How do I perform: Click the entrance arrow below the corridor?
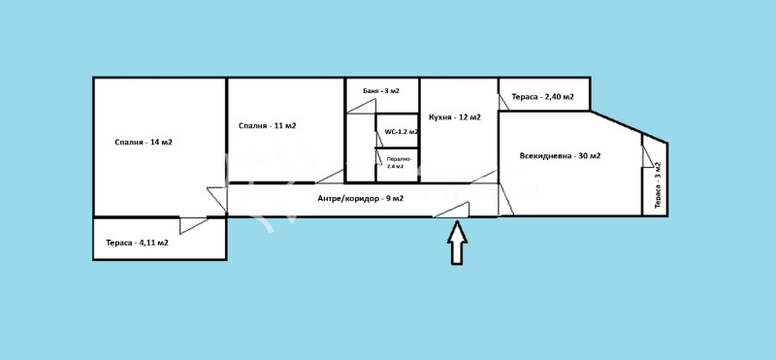click(x=457, y=243)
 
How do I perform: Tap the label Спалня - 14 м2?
click(x=144, y=142)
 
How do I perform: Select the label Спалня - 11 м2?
click(x=268, y=126)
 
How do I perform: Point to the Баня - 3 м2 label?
click(x=381, y=90)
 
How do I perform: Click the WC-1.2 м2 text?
click(x=402, y=132)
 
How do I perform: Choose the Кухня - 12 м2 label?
click(x=455, y=117)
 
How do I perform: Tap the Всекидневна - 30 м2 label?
click(x=561, y=155)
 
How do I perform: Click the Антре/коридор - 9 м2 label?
click(x=360, y=199)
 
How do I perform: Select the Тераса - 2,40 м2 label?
click(x=543, y=97)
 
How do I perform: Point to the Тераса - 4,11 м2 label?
click(x=137, y=243)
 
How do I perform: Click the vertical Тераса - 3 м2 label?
click(x=658, y=184)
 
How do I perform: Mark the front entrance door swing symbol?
click(x=451, y=210)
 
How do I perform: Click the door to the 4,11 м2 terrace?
click(x=193, y=225)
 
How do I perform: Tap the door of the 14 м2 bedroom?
click(x=216, y=200)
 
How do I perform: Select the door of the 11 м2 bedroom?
click(x=330, y=177)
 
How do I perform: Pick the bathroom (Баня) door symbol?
click(x=361, y=107)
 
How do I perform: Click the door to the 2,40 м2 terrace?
click(x=503, y=102)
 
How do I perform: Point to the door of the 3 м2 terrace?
click(x=648, y=156)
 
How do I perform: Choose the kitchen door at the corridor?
click(x=484, y=177)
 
